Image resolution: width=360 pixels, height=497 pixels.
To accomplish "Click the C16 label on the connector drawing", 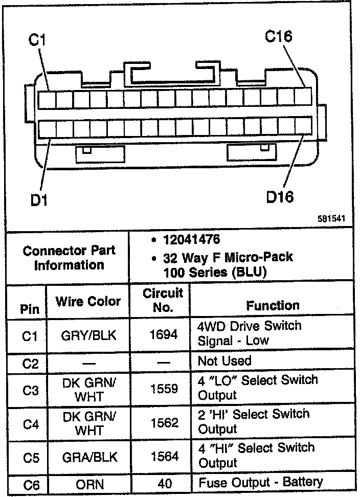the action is [279, 36].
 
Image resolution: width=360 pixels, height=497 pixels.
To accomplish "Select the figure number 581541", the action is [331, 218].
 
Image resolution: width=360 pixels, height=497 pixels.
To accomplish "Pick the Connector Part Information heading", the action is [69, 258].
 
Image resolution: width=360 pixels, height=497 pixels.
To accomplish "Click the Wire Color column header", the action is [88, 301].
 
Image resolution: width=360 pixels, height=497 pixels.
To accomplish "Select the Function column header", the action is [273, 306].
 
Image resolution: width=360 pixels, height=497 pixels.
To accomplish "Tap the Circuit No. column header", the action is [163, 300].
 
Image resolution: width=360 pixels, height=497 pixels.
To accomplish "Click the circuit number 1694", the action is [164, 334].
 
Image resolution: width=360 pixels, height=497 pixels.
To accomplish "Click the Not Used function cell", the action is [224, 361].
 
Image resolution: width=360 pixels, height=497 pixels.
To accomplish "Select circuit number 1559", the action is [164, 389].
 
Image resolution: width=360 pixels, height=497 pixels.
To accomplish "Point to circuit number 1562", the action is [164, 422].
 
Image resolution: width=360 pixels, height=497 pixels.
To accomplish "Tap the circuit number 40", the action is [164, 483].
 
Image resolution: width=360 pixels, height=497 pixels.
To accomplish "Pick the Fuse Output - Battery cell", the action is [260, 482].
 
